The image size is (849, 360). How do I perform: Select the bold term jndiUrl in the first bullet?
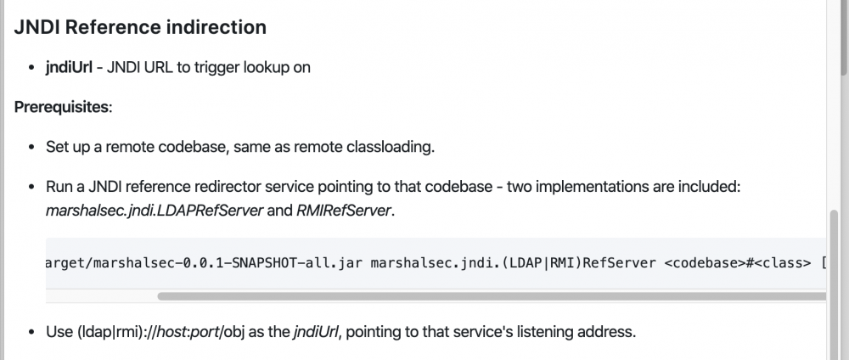(x=69, y=68)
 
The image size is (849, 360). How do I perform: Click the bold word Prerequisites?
(x=62, y=107)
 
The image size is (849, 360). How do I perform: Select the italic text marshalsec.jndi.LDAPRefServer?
(x=155, y=211)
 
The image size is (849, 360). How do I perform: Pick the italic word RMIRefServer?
(x=343, y=211)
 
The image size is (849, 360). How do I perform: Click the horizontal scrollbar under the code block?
(x=492, y=296)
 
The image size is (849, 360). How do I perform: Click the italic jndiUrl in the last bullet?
(x=316, y=331)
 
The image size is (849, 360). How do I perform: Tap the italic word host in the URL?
(x=171, y=331)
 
